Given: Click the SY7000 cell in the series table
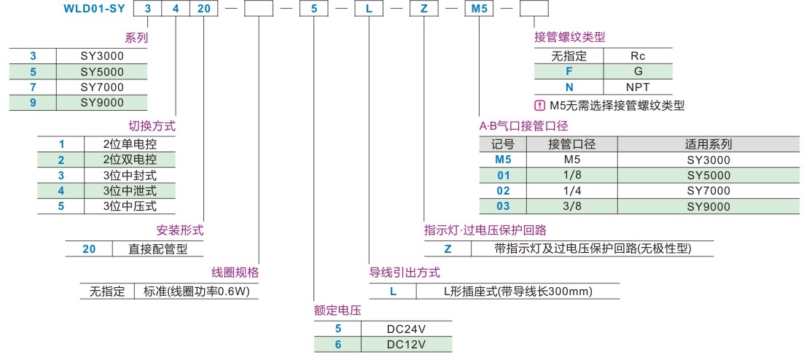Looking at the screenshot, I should click(x=102, y=87).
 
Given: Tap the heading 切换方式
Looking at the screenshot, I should click(x=152, y=125).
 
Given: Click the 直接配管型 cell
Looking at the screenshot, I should click(x=156, y=249).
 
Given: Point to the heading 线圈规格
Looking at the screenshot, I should click(x=235, y=273).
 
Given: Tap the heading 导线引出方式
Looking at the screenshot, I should click(x=404, y=273).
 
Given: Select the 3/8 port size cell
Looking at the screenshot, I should click(x=571, y=206).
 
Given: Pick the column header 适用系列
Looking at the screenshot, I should click(x=708, y=144).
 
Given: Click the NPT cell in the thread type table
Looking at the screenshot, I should click(x=638, y=86).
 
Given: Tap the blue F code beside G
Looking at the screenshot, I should click(x=569, y=71).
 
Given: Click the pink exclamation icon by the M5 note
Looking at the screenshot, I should click(x=540, y=105).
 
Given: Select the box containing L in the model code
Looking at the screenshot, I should click(x=368, y=10).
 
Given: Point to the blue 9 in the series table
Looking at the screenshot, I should click(x=33, y=103).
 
